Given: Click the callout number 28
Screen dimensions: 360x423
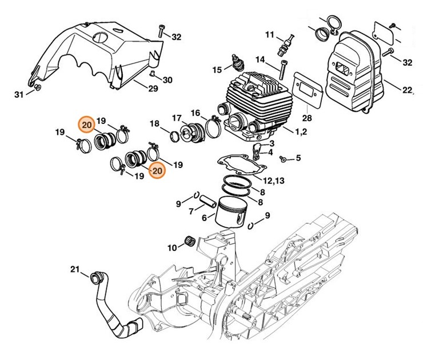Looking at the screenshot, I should coord(307,118).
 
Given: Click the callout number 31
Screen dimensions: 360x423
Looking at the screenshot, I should coord(18,94).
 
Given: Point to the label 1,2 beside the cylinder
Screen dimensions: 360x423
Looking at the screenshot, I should coord(300,132).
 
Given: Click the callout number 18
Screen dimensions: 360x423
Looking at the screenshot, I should coord(154,123).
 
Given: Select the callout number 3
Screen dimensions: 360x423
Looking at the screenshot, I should coord(272,143).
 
